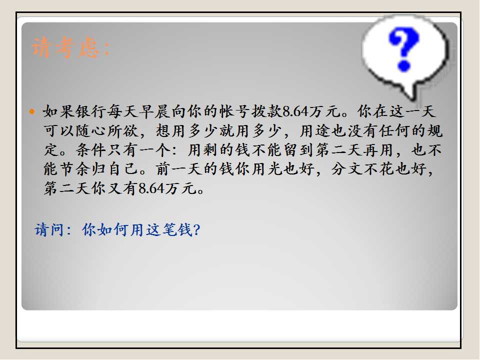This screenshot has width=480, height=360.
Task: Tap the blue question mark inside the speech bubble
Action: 403,49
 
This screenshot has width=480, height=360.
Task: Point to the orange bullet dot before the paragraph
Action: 32,111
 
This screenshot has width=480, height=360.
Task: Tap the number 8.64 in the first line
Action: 295,111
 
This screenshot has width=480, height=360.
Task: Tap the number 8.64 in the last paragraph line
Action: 152,188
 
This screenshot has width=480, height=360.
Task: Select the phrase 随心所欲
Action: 107,130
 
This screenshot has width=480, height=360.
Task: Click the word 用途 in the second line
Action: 315,130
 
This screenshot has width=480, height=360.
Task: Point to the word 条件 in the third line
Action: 91,150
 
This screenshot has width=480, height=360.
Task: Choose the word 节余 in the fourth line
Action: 75,169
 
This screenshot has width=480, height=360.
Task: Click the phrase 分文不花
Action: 363,169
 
